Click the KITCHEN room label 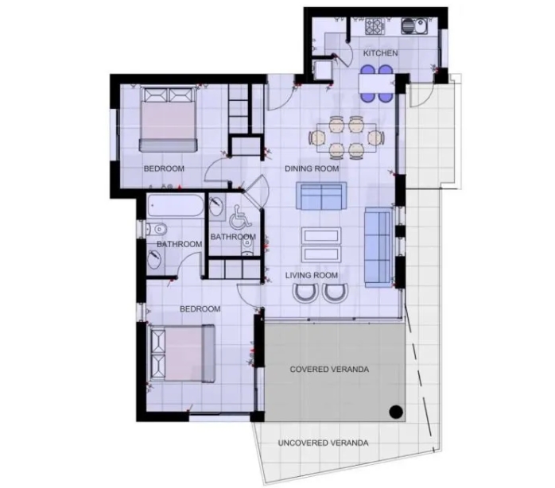click(381, 53)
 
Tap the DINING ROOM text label click(312, 168)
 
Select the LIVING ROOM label click(312, 275)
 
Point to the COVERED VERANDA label click(329, 370)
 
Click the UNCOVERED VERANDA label click(323, 443)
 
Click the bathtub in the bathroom click(175, 205)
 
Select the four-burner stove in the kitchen click(375, 26)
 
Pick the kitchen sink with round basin click(414, 26)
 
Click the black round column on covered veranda click(396, 412)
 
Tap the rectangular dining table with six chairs click(347, 137)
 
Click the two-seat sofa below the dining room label click(321, 196)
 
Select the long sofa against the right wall click(378, 247)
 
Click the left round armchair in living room click(305, 292)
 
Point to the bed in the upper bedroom click(168, 119)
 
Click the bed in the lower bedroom click(182, 354)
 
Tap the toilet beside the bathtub click(156, 229)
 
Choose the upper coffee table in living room click(321, 236)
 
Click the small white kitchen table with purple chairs click(376, 83)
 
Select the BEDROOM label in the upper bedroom click(164, 168)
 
